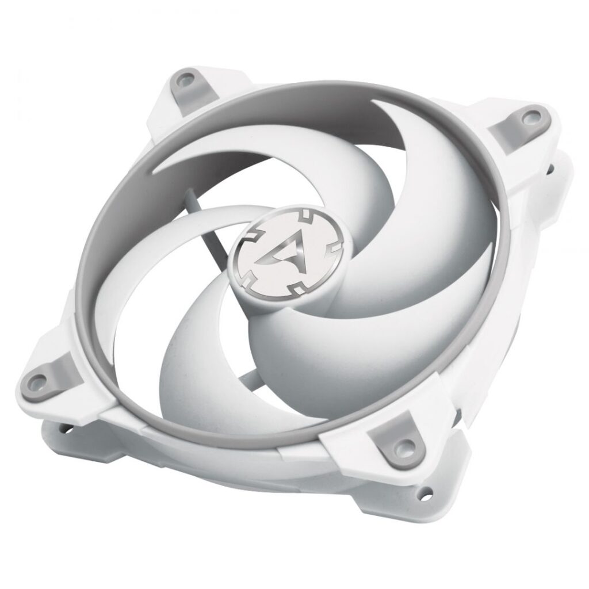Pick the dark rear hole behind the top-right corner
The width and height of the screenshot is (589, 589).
click(550, 168)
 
